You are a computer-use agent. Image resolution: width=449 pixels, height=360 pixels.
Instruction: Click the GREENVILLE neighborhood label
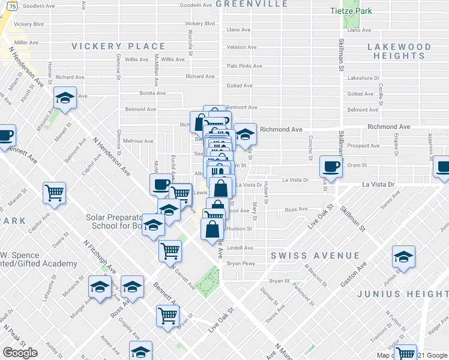(x=252, y=4)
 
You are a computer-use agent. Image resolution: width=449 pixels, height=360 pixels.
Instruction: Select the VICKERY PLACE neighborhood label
(x=118, y=46)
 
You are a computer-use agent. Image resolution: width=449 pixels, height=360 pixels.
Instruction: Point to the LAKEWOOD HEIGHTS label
(x=399, y=51)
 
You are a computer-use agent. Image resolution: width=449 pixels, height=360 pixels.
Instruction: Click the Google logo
(x=20, y=353)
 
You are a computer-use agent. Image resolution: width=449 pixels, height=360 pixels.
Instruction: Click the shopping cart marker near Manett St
(x=54, y=193)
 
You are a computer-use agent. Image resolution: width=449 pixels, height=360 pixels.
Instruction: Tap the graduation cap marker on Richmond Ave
(x=244, y=134)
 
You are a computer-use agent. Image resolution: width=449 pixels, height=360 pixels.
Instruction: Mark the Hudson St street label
(x=240, y=229)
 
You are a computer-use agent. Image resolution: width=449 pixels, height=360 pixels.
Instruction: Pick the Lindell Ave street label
(x=240, y=248)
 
